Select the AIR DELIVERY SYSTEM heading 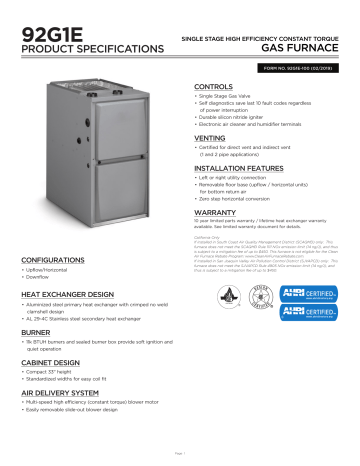[68, 395]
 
